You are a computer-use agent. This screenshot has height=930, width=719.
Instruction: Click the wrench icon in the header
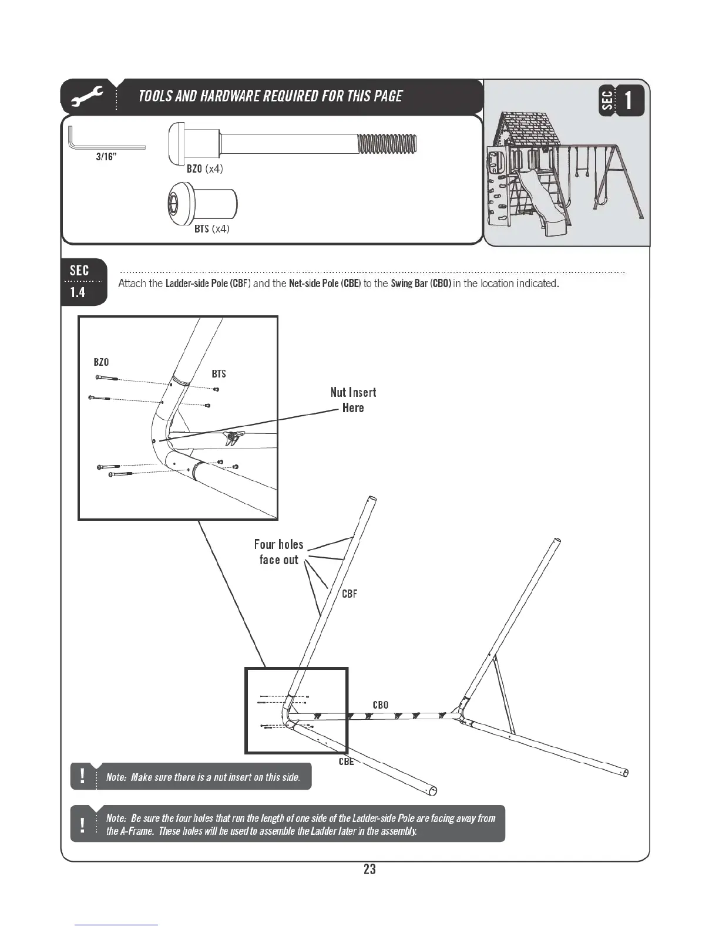pyautogui.click(x=88, y=97)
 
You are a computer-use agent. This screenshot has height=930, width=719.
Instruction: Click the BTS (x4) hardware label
pyautogui.click(x=211, y=228)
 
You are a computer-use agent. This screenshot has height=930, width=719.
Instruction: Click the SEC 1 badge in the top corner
pyautogui.click(x=621, y=100)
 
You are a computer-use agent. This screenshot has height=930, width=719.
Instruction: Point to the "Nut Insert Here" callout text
pyautogui.click(x=353, y=400)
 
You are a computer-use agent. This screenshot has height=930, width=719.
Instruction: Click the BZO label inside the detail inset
pyautogui.click(x=101, y=362)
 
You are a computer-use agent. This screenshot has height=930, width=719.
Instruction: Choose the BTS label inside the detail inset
pyautogui.click(x=219, y=374)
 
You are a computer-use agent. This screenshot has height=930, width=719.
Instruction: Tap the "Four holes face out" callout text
pyautogui.click(x=279, y=552)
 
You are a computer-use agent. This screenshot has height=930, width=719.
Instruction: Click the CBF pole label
pyautogui.click(x=350, y=594)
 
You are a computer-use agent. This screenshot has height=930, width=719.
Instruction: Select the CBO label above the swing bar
pyautogui.click(x=380, y=705)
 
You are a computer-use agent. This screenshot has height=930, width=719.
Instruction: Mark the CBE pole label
pyautogui.click(x=346, y=761)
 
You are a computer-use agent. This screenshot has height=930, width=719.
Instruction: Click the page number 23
pyautogui.click(x=369, y=869)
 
